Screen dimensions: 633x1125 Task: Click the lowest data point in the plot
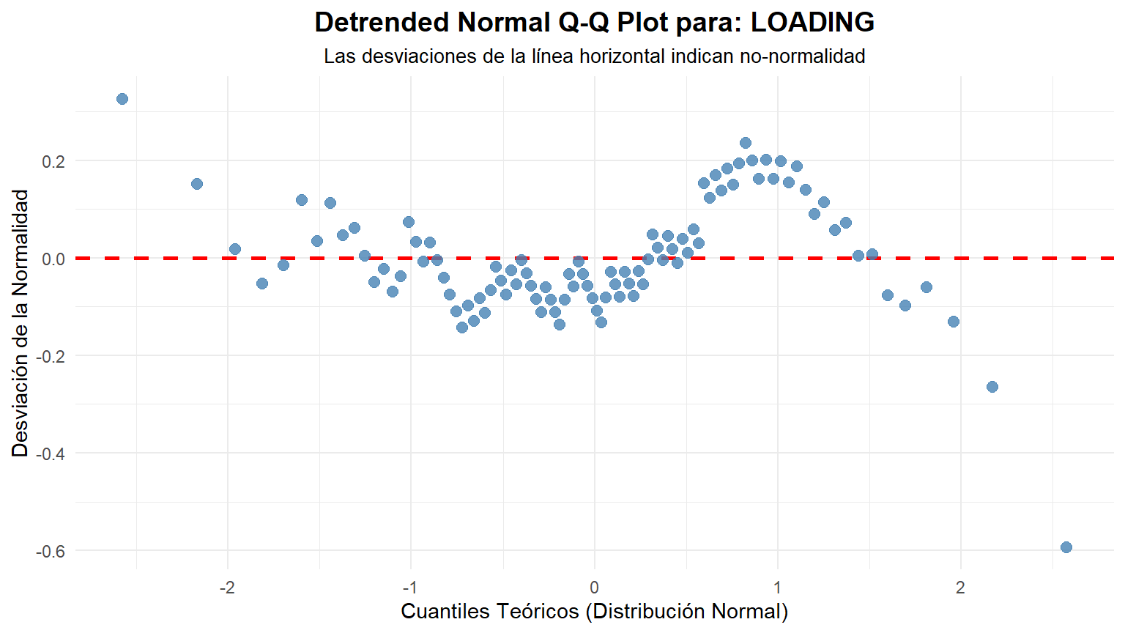(x=1066, y=547)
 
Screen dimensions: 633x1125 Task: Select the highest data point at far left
(x=122, y=99)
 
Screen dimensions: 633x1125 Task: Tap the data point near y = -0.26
(x=992, y=387)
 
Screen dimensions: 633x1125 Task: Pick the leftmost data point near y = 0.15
(x=197, y=184)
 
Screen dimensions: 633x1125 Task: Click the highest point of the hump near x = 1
(x=746, y=143)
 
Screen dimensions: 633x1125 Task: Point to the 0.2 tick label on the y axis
(x=53, y=161)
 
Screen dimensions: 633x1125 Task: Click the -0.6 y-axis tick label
(x=51, y=551)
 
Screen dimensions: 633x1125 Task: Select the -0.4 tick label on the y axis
(x=51, y=454)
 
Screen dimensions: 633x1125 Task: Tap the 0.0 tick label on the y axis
(x=53, y=259)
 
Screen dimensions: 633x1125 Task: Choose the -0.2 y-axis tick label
(x=51, y=356)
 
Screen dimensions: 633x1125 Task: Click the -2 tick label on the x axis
(x=227, y=588)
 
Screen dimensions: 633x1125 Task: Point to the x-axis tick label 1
(x=777, y=588)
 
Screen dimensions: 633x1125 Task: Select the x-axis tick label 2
(x=960, y=588)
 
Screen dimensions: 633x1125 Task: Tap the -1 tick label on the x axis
(x=410, y=588)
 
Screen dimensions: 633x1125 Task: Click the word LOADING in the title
(x=812, y=22)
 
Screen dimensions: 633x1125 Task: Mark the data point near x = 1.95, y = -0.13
(x=954, y=322)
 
